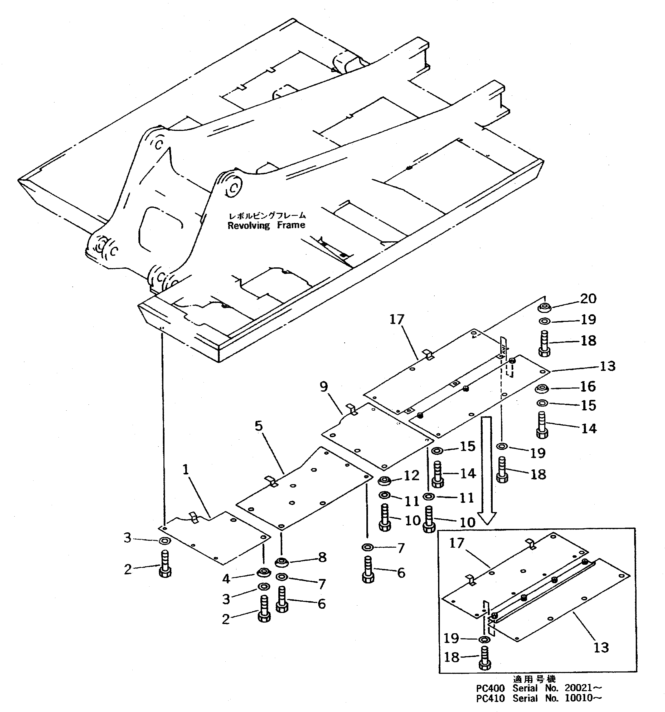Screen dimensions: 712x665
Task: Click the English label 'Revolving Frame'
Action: (266, 225)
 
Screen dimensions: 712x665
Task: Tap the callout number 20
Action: (588, 298)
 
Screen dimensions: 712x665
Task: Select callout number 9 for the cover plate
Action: (324, 387)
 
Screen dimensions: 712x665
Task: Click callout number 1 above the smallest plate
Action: (185, 470)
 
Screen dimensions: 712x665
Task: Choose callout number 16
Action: (588, 386)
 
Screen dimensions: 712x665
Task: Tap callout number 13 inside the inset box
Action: (601, 647)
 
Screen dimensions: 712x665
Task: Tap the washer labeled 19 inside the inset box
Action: (484, 639)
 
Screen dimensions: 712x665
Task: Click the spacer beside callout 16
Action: (542, 389)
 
